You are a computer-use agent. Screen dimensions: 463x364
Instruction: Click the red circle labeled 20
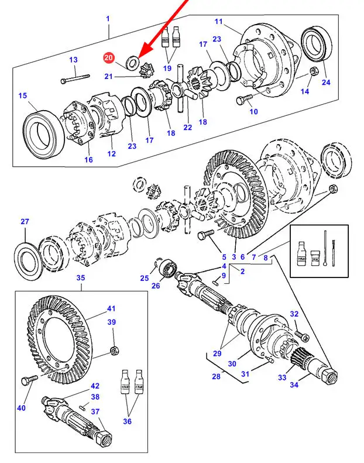pos(109,57)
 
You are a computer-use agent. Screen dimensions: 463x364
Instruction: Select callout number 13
pos(73,60)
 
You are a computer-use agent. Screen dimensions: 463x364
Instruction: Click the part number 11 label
pos(219,22)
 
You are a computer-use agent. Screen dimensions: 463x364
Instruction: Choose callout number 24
pos(326,83)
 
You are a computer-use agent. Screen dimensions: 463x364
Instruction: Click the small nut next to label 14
pos(314,72)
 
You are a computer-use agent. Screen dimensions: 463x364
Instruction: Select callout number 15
pos(23,96)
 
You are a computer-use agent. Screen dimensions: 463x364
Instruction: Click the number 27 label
pos(25,221)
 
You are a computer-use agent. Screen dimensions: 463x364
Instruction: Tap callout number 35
pos(81,279)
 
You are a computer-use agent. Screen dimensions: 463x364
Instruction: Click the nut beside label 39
pos(114,352)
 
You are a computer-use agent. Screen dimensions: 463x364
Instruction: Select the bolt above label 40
pos(25,380)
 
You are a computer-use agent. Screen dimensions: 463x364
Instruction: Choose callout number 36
pos(127,421)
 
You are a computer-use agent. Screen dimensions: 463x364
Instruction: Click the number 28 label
pos(217,376)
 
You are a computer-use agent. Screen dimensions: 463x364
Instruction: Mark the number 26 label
pos(156,286)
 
